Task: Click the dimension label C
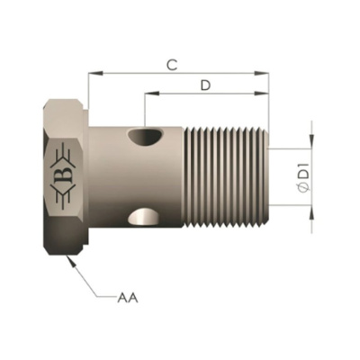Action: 172,65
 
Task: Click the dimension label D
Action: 205,85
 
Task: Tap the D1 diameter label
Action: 306,175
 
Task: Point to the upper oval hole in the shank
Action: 145,137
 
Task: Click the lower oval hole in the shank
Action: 144,217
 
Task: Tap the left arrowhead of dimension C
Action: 95,73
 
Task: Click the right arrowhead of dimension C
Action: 261,73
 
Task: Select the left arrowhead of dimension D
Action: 152,94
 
